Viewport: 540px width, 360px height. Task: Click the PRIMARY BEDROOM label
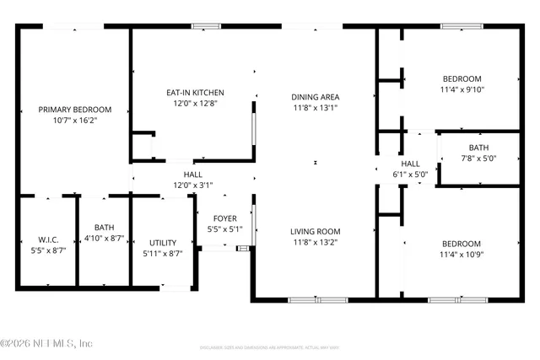(74, 110)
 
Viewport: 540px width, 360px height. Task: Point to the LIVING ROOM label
(315, 231)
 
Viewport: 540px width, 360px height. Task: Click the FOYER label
(224, 217)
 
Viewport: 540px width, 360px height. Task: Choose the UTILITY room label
(163, 242)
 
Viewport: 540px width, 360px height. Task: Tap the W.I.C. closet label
(47, 239)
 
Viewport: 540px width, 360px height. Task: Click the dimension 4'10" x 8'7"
(104, 239)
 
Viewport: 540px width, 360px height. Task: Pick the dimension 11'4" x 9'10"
(462, 89)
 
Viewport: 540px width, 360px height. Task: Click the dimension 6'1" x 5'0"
(410, 175)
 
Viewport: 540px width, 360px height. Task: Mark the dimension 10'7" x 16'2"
(74, 121)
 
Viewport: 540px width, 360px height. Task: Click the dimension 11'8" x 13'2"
(315, 242)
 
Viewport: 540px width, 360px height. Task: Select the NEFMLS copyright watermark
(46, 343)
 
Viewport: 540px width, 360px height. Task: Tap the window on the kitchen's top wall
(205, 26)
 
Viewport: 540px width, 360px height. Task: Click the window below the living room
(317, 299)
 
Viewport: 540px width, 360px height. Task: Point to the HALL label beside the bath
(410, 164)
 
